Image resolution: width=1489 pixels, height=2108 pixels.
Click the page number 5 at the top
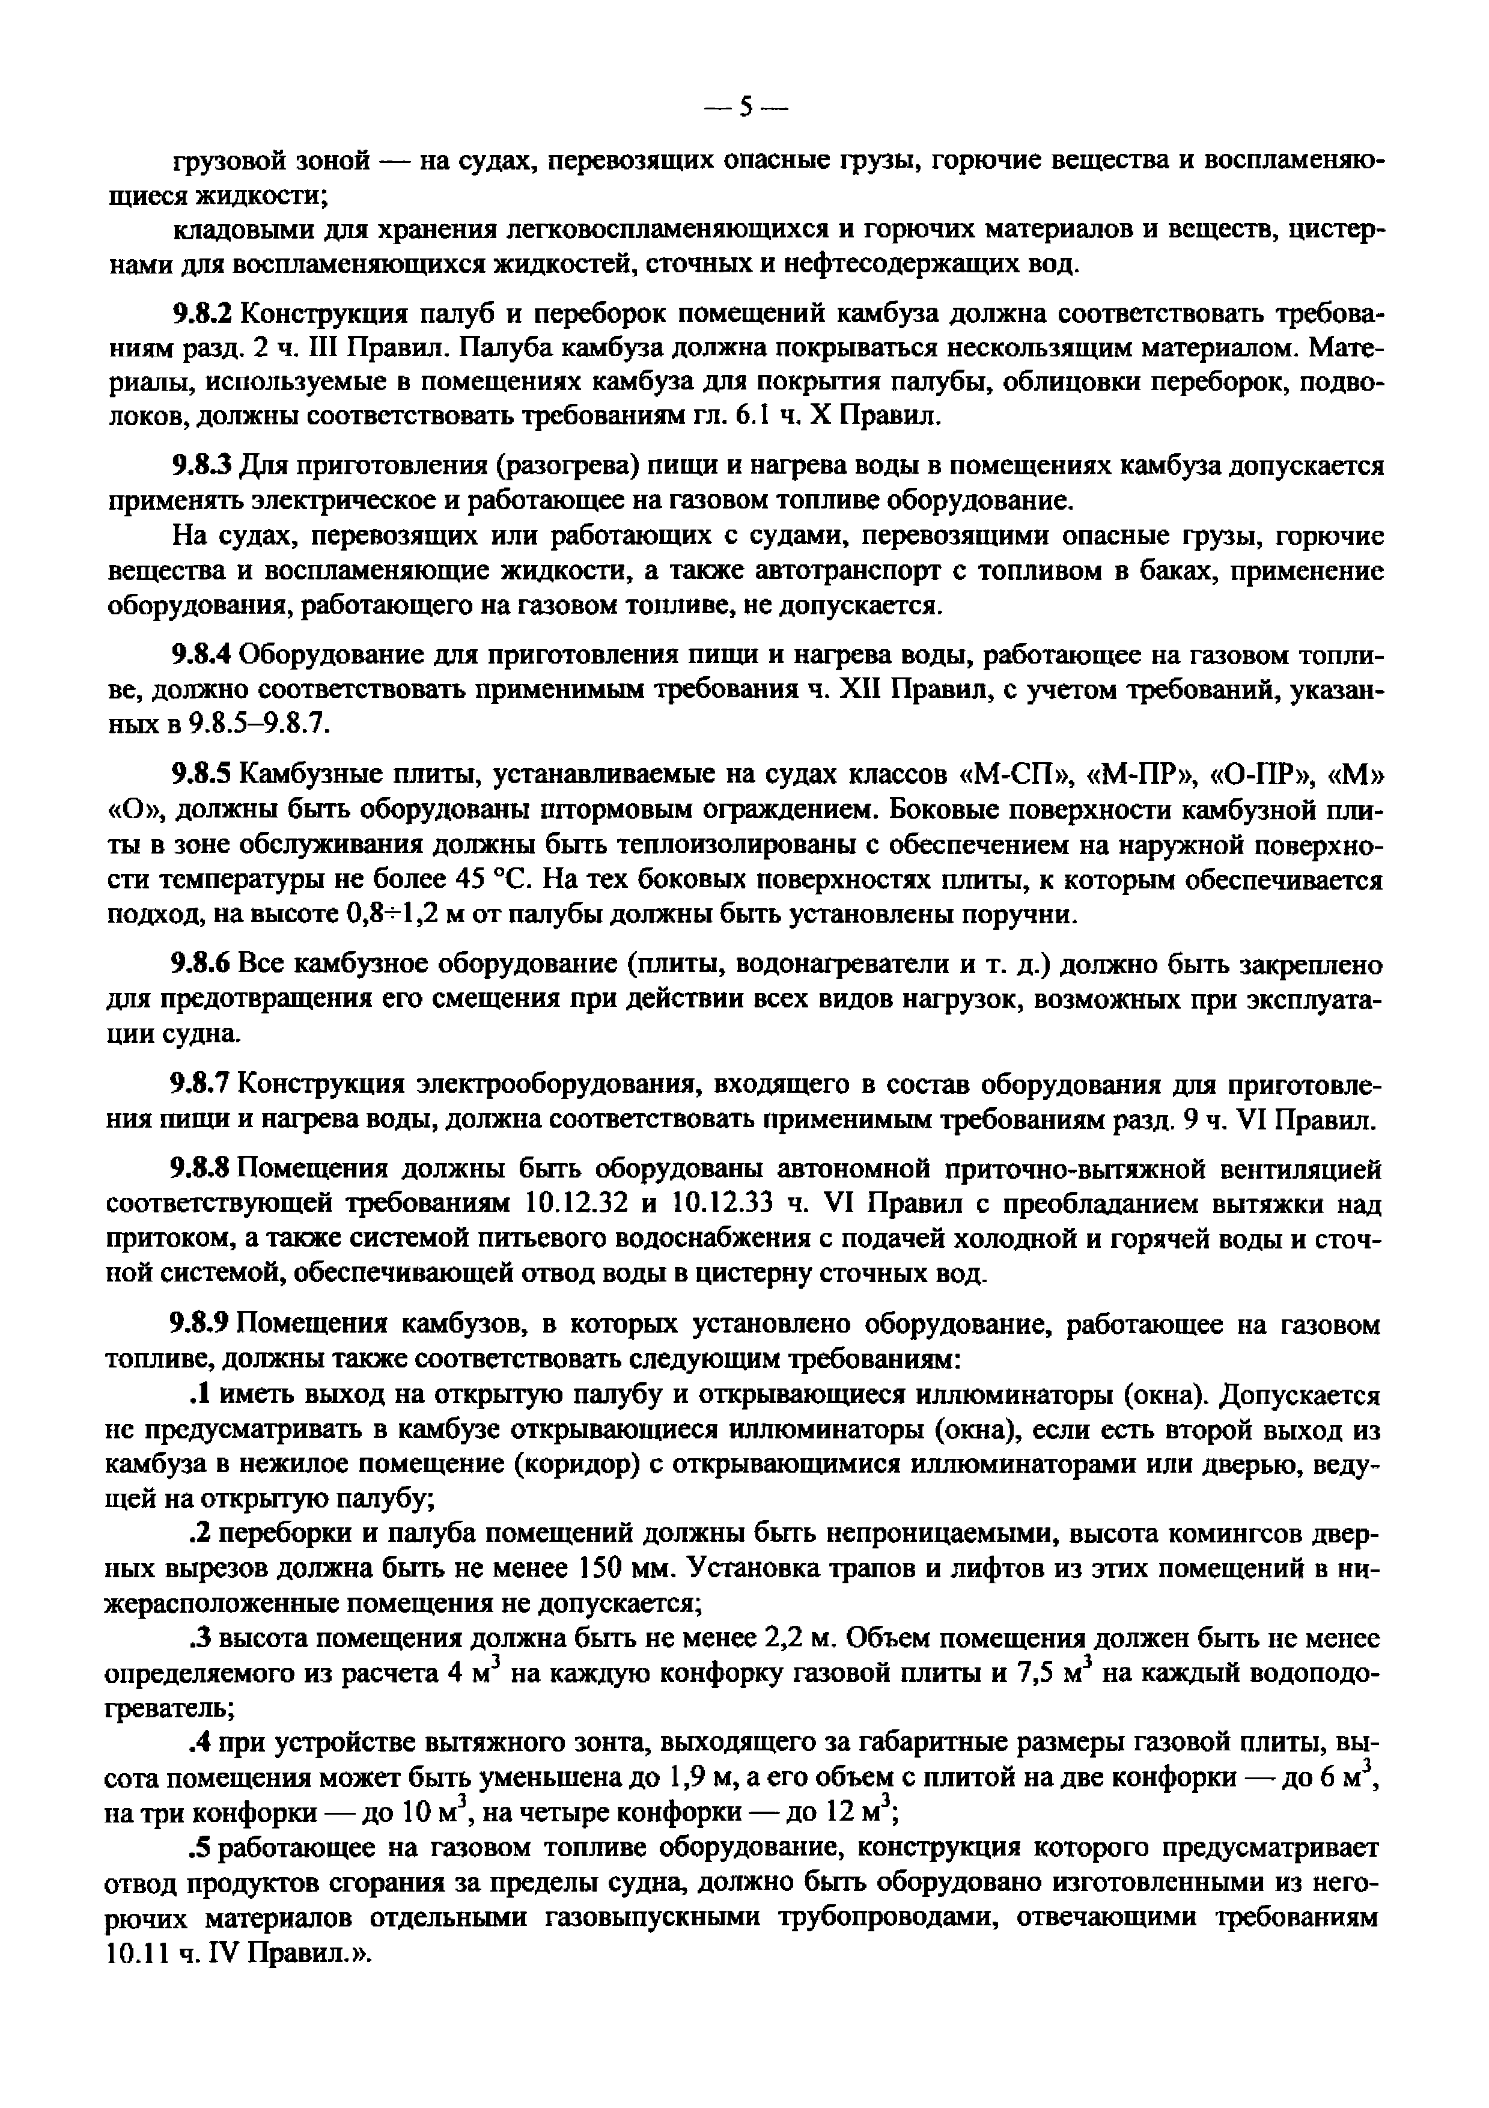coord(746,108)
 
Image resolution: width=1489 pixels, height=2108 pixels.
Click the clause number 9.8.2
coord(203,313)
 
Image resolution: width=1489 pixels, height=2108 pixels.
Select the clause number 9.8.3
coord(203,466)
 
